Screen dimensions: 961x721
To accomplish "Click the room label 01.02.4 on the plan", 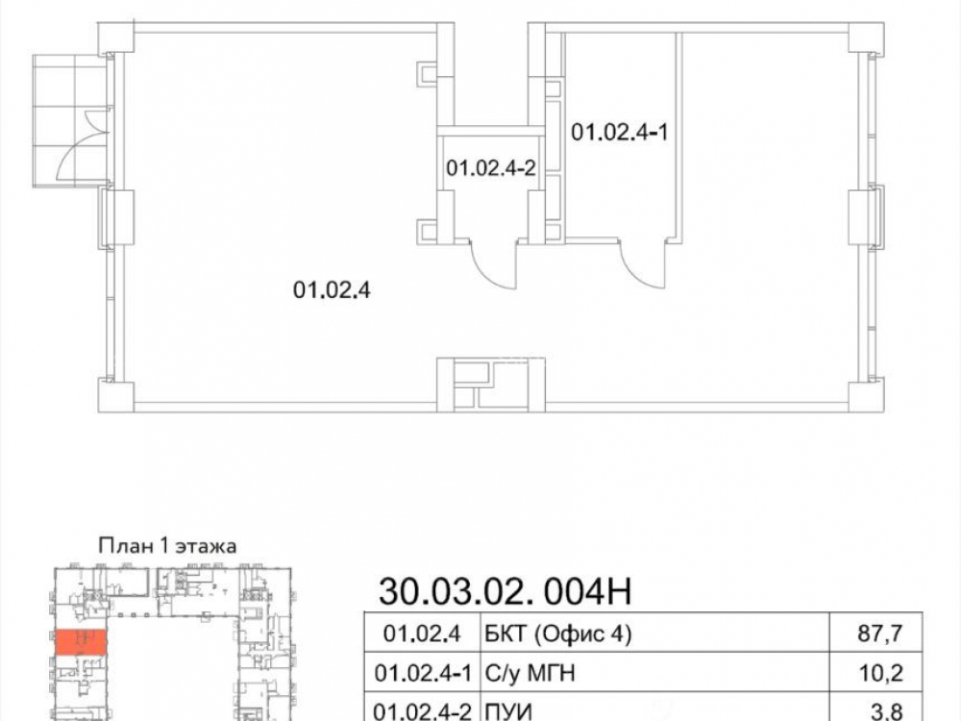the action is (x=332, y=289).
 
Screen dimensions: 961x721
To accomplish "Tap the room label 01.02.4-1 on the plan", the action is (x=620, y=132).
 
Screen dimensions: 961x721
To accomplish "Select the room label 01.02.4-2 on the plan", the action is (x=491, y=168).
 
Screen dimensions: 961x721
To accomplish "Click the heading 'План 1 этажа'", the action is (x=167, y=546).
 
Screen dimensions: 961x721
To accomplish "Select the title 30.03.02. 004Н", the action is (x=505, y=591).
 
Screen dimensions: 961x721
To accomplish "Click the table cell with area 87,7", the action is (x=880, y=633).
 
